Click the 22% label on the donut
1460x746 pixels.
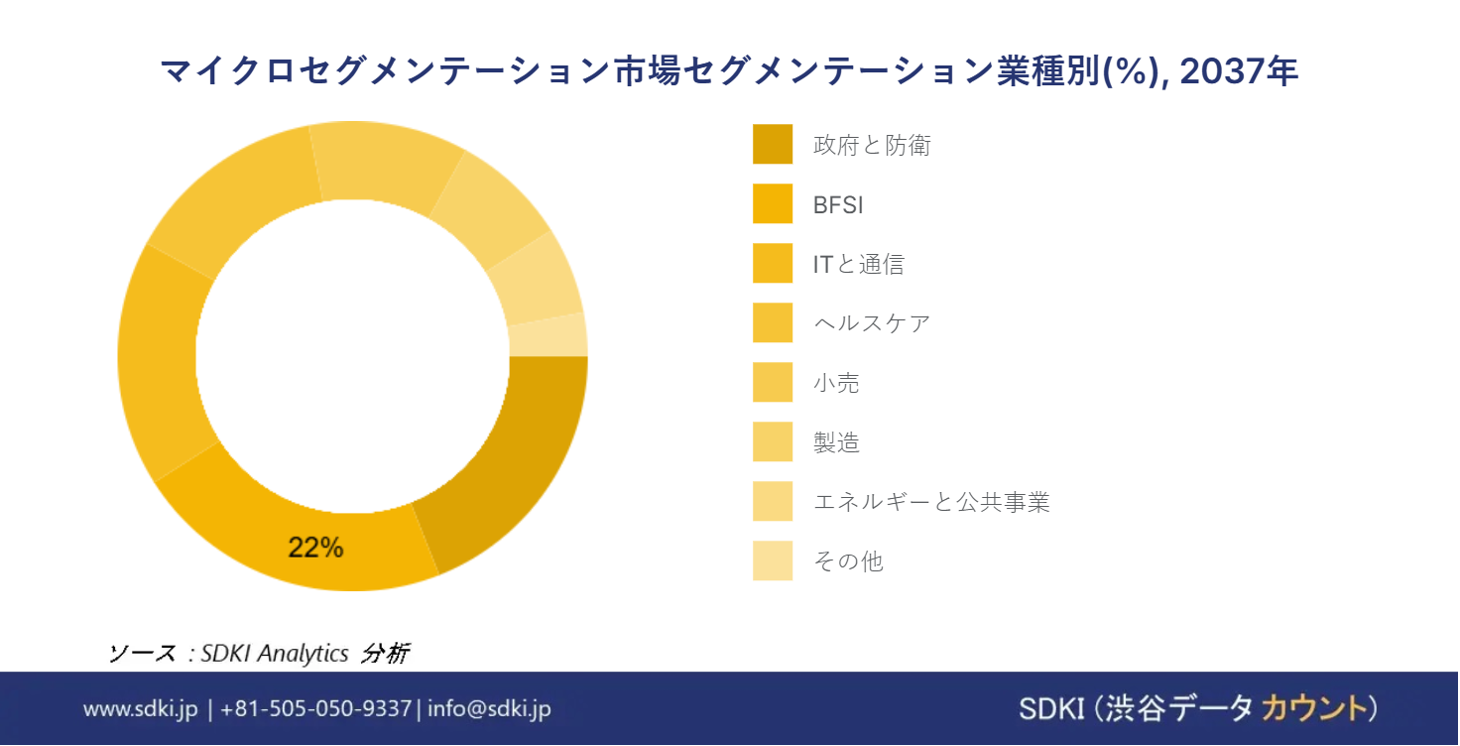tap(315, 548)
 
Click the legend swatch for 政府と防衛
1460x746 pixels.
tap(773, 144)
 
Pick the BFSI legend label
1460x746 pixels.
tap(837, 204)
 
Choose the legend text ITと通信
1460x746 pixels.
tap(858, 264)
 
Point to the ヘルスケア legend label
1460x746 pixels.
tap(872, 323)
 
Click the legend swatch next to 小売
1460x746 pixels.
tap(773, 382)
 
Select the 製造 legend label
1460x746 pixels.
tap(836, 442)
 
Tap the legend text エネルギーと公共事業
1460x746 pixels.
tap(931, 501)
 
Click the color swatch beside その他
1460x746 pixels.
tap(773, 560)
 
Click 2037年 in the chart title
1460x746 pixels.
tap(1239, 71)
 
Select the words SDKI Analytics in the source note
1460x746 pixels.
tap(275, 653)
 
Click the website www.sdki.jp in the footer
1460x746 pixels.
tap(140, 708)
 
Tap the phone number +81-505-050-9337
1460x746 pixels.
tap(315, 708)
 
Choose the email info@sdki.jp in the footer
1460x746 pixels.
tap(490, 708)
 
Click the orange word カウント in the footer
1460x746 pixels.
tap(1314, 708)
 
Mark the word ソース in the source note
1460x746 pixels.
tap(142, 653)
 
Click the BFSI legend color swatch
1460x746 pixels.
tap(773, 203)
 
